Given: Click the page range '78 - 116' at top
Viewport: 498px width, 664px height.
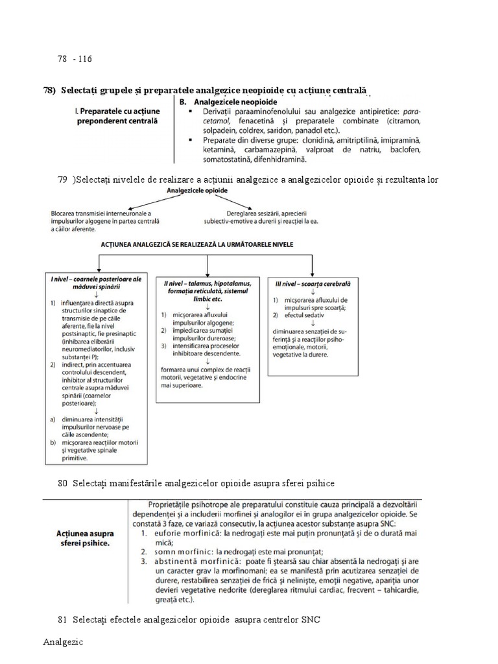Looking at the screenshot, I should [75, 59].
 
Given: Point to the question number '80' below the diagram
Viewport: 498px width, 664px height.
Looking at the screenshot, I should [62, 483].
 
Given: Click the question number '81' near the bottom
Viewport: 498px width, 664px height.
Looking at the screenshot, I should [62, 620].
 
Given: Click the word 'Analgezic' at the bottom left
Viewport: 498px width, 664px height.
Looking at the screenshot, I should [64, 643].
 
